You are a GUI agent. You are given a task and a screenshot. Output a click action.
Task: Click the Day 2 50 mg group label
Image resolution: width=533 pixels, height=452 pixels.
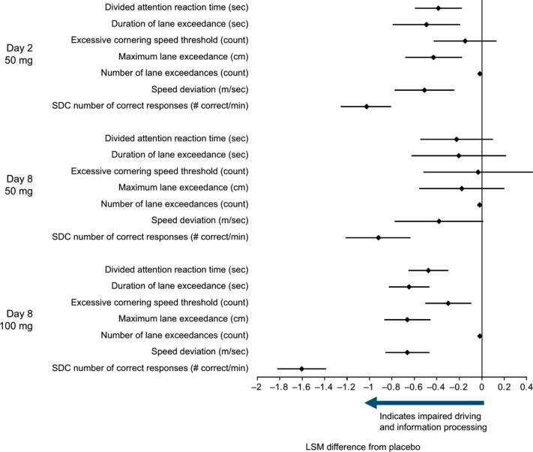tap(19, 53)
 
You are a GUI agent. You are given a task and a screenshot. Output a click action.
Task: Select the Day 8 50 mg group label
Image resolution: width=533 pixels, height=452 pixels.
tap(19, 185)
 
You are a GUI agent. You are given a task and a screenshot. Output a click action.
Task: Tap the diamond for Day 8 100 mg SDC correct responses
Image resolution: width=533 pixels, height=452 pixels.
tap(301, 369)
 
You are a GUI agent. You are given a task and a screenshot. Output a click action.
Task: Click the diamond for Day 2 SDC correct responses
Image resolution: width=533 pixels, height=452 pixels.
tap(367, 107)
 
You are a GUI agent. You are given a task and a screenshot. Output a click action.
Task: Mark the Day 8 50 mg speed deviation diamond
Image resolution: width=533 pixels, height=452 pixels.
tap(439, 221)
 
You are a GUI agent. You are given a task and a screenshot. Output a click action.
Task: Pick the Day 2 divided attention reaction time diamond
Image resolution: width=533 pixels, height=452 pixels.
tap(439, 8)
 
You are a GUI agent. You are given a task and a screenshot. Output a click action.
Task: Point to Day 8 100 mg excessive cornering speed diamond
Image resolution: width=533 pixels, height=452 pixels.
tap(448, 303)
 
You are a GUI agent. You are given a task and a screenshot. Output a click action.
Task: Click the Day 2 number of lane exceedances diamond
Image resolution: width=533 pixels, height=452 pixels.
tap(480, 74)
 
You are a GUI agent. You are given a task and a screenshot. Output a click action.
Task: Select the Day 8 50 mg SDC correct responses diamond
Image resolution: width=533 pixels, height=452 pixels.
tap(379, 237)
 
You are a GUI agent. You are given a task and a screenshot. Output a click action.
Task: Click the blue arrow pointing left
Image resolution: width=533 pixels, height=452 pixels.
tap(424, 403)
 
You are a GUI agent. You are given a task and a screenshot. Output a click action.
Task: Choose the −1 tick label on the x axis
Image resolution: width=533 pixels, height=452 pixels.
tap(368, 389)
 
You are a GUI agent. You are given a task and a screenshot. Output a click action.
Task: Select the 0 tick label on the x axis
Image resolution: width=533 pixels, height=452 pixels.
tap(482, 389)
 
